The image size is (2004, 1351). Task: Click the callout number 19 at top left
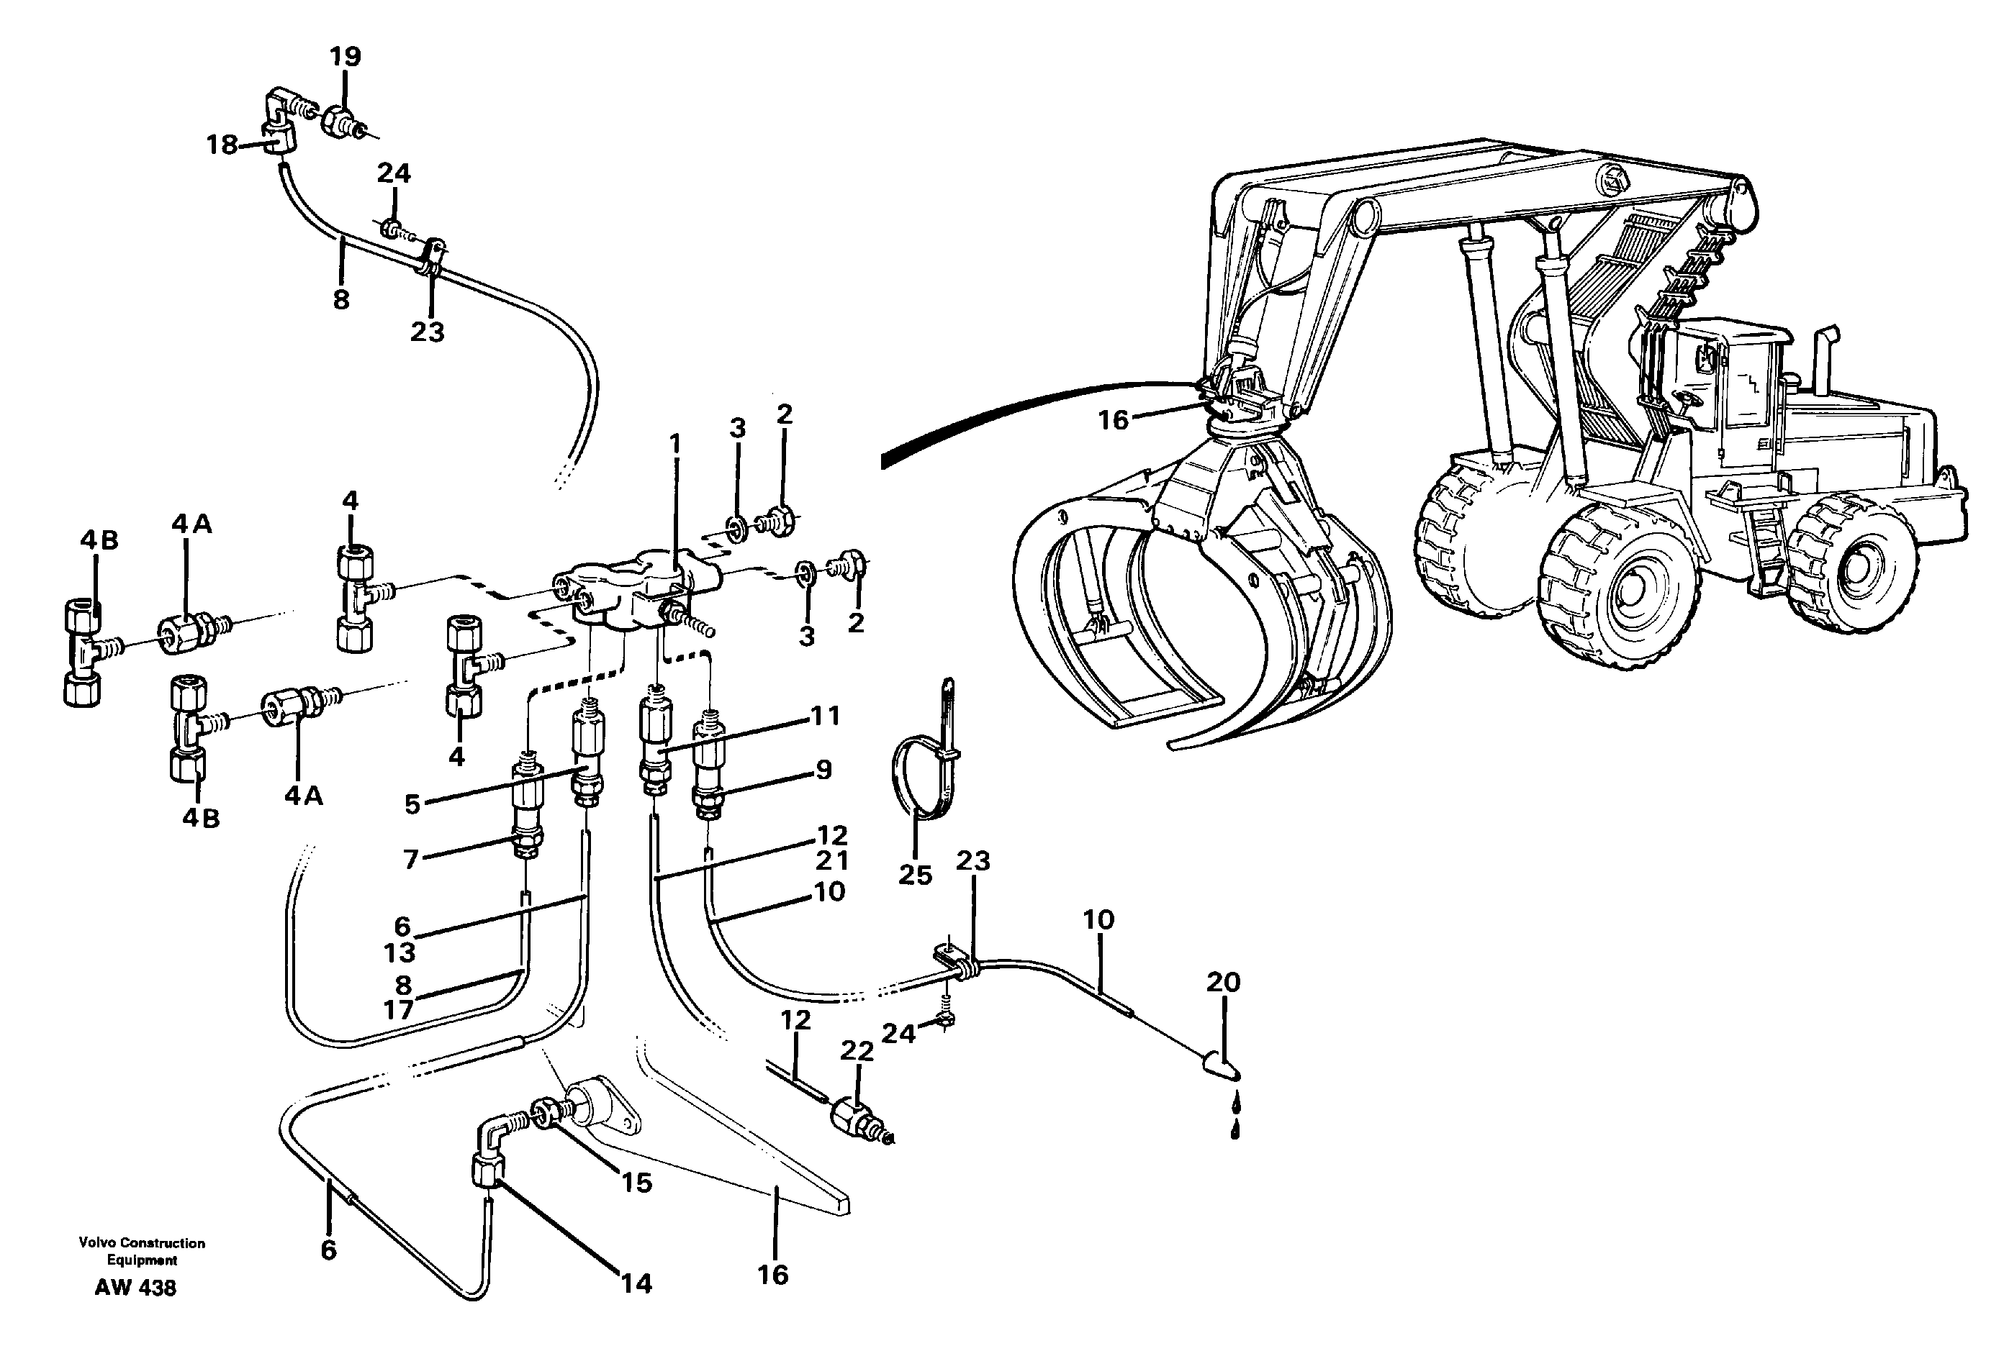(x=345, y=57)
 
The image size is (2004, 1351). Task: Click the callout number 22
(x=856, y=1051)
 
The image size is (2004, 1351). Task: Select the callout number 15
(x=636, y=1183)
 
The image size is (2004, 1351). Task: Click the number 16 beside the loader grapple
(x=1113, y=419)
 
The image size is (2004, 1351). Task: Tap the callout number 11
(x=824, y=715)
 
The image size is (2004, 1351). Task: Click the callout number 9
(x=823, y=770)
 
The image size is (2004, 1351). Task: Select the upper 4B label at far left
(x=99, y=540)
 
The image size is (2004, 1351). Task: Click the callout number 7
(x=410, y=859)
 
